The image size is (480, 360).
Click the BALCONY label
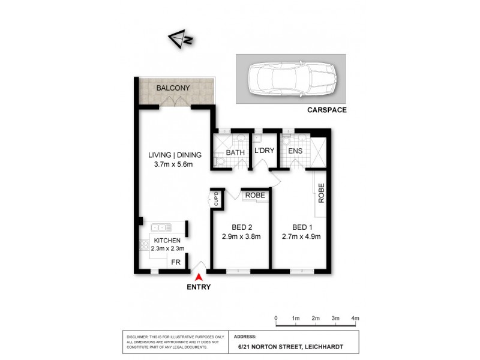click(x=173, y=88)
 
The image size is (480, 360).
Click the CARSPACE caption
click(x=327, y=110)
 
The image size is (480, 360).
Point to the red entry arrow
click(x=199, y=277)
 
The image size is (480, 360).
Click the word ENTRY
click(x=199, y=286)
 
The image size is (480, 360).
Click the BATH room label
click(x=235, y=152)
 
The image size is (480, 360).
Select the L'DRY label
click(x=264, y=152)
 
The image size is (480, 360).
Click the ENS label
click(x=295, y=152)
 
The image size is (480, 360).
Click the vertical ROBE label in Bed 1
click(x=321, y=194)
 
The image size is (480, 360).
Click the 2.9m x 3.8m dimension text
click(x=241, y=236)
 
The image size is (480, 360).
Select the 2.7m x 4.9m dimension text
click(x=301, y=236)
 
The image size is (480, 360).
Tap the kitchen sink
click(x=161, y=227)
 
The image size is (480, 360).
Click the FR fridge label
click(x=176, y=262)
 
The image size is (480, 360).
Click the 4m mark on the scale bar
click(x=355, y=317)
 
